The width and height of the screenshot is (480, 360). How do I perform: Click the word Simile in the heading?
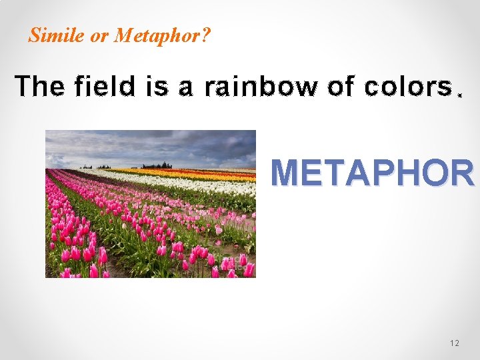[x=57, y=35]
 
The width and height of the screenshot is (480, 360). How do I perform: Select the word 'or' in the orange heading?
[x=99, y=36]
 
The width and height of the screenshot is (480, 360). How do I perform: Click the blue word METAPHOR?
[x=372, y=173]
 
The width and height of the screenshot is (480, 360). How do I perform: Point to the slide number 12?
[x=455, y=343]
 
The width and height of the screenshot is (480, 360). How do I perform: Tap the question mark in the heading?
[x=205, y=35]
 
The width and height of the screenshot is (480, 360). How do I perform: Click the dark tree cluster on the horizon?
[x=157, y=165]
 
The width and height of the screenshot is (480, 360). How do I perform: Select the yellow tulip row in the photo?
[x=200, y=175]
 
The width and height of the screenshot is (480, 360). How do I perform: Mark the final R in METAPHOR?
[x=461, y=173]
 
